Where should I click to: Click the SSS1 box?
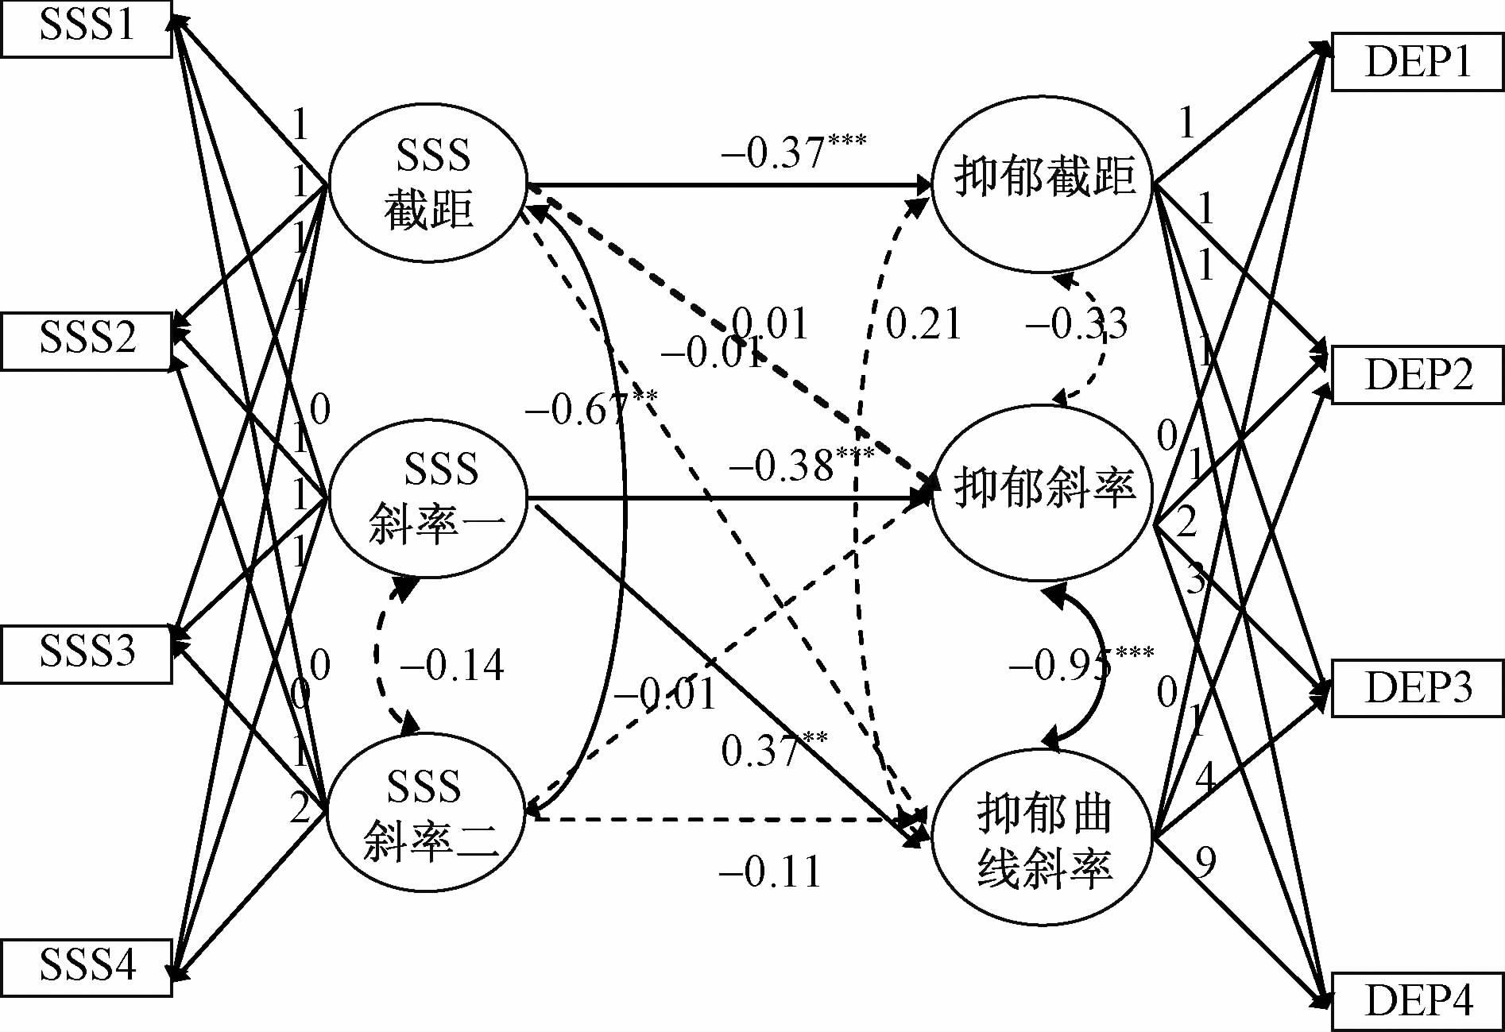[86, 28]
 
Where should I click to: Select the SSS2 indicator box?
[86, 340]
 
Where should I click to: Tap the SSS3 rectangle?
[86, 653]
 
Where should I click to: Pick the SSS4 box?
[86, 966]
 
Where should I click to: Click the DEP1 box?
[1418, 63]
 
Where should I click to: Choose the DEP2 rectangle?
[1418, 375]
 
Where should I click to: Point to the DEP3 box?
[1418, 688]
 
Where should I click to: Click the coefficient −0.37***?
[792, 150]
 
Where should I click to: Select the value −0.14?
[451, 665]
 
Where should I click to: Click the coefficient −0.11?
[769, 872]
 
